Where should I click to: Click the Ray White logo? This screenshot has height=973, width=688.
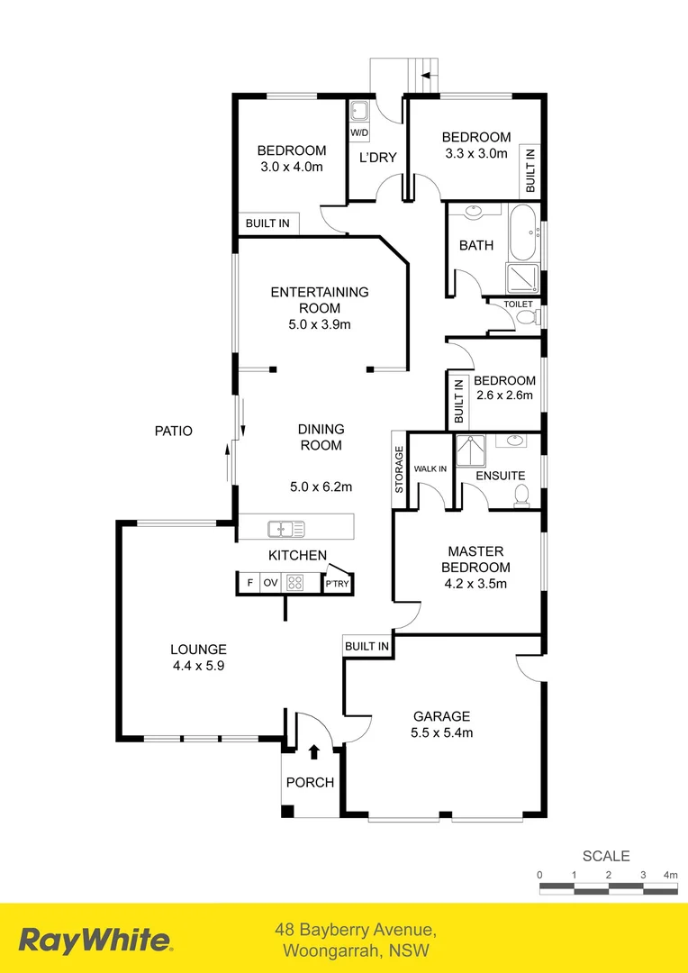95,941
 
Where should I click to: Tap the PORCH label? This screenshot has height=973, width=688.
310,782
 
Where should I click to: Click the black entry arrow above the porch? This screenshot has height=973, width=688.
314,750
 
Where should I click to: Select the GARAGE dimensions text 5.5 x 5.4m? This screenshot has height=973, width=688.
441,732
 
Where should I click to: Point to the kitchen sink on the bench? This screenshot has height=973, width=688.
285,528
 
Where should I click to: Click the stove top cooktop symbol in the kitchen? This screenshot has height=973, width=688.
294,583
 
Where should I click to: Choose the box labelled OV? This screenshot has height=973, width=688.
270,583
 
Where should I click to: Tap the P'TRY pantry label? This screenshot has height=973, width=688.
338,584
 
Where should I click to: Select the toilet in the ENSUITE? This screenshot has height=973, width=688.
521,495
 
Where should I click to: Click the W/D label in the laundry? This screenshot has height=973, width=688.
359,133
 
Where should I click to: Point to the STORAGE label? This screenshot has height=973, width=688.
399,469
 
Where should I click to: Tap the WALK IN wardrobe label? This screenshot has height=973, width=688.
430,469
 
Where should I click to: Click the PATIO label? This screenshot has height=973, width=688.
173,432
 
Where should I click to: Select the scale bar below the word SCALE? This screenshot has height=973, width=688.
608,889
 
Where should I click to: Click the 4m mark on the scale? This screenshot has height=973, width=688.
670,875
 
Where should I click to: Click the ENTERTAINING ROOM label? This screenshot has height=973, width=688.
320,300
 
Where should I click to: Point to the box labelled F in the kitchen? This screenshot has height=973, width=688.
249,583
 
